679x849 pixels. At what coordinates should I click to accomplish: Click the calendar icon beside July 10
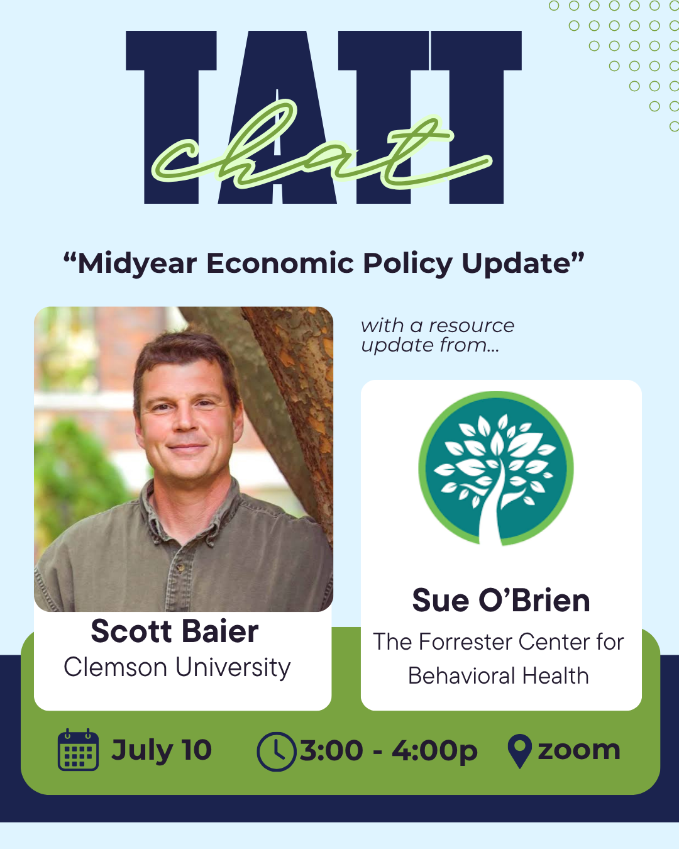78,750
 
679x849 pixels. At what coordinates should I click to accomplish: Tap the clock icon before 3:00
276,752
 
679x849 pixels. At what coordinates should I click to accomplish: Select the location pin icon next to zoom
519,751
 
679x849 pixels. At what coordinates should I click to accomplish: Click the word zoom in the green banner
579,750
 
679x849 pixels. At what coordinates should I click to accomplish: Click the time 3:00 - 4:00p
389,751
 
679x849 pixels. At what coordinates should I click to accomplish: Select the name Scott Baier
175,631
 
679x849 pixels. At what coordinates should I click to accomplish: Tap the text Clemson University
177,667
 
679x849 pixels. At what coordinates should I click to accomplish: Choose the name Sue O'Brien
501,600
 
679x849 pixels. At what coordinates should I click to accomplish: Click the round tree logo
496,469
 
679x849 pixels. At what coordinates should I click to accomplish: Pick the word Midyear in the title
137,264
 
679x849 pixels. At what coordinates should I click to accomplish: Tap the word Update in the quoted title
516,264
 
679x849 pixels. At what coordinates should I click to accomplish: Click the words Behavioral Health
499,675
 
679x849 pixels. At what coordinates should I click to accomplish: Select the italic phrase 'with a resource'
438,326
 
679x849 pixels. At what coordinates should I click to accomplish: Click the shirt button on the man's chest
180,567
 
